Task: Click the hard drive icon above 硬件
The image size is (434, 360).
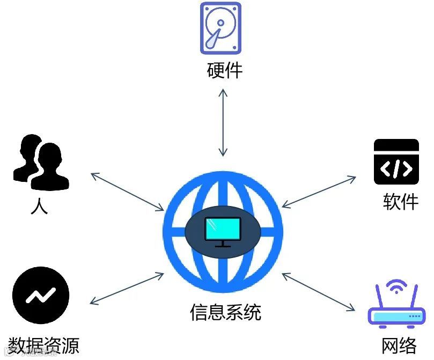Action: pyautogui.click(x=220, y=28)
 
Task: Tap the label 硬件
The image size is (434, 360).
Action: pyautogui.click(x=225, y=70)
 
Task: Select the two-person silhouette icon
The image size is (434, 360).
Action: pyautogui.click(x=41, y=163)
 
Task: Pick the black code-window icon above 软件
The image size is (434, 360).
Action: pyautogui.click(x=396, y=162)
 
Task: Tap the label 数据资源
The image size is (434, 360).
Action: pyautogui.click(x=44, y=346)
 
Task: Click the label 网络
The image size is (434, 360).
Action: pyautogui.click(x=399, y=346)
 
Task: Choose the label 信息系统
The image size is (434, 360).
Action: pyautogui.click(x=225, y=312)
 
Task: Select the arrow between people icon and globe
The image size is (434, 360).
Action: pyautogui.click(x=128, y=192)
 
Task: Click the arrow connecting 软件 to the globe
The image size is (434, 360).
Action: pyautogui.click(x=319, y=191)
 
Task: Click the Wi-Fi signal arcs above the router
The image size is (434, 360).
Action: pyautogui.click(x=396, y=286)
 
